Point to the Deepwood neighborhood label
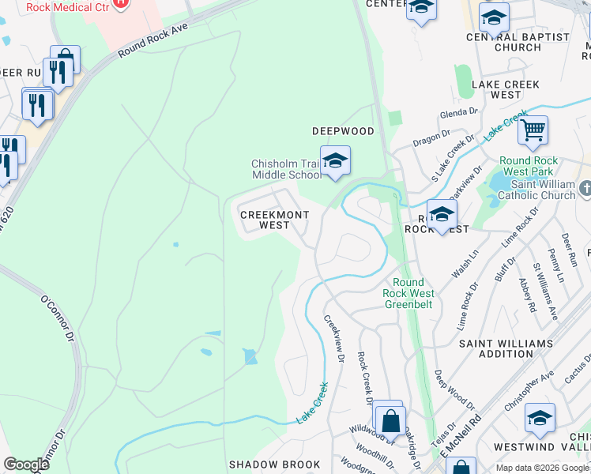click(342, 131)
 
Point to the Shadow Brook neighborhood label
click(274, 465)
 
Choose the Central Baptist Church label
click(518, 42)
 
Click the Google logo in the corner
click(26, 465)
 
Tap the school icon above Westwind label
click(540, 418)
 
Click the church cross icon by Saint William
click(584, 190)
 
